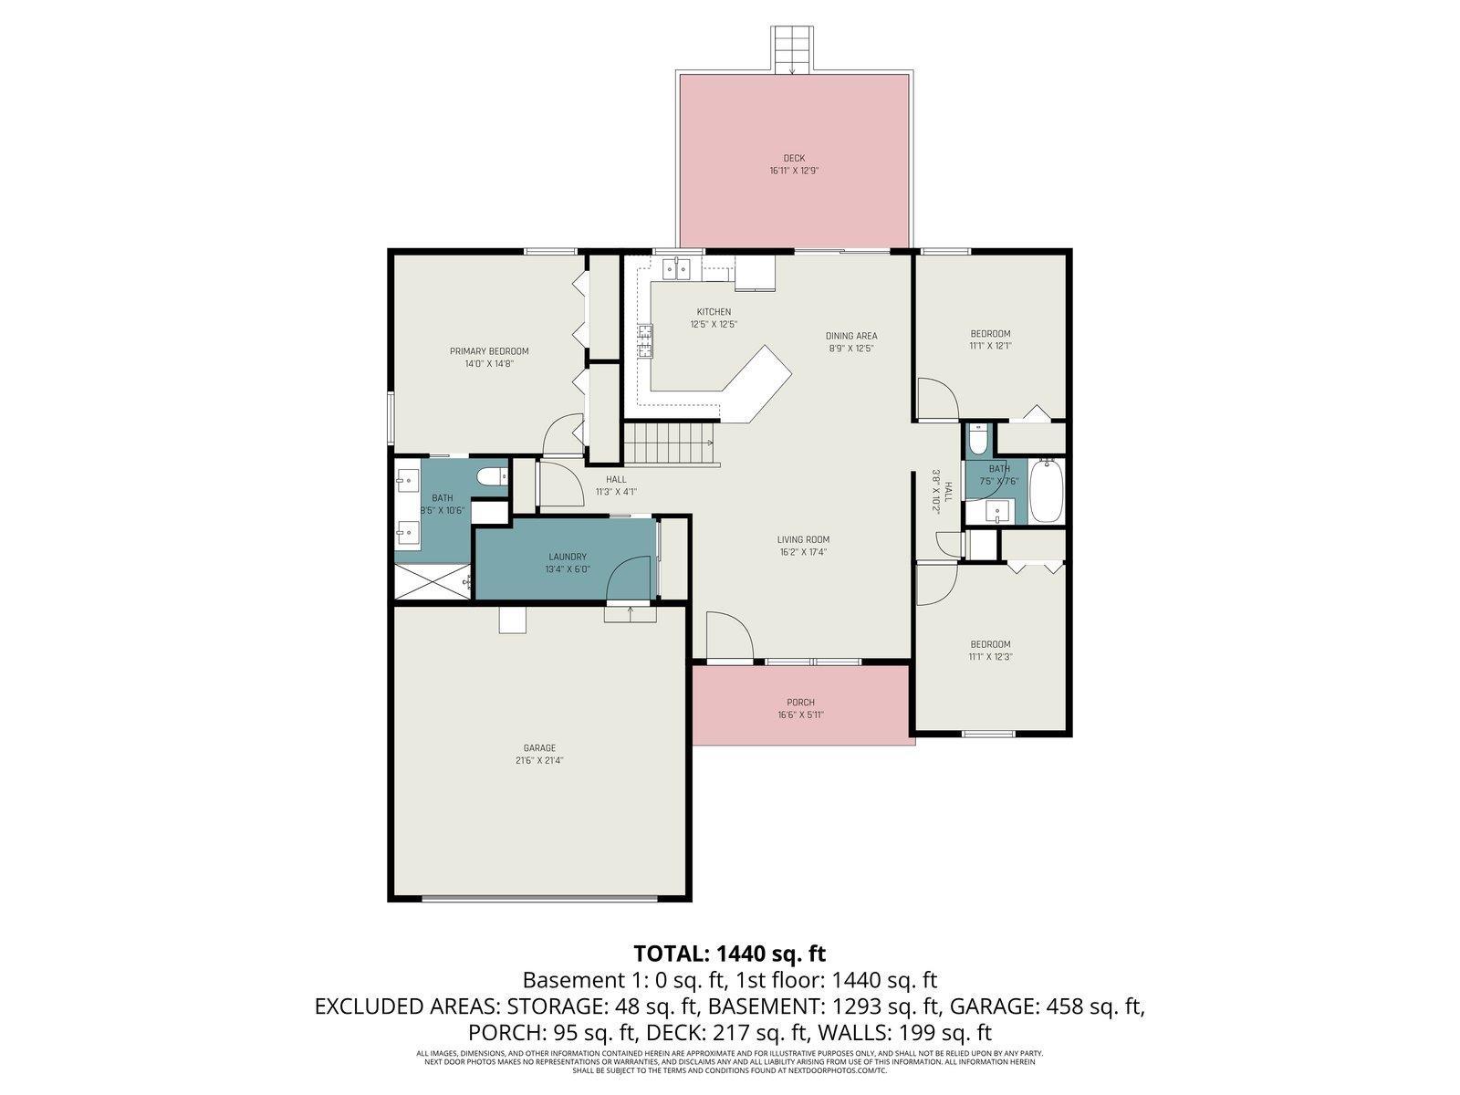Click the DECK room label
click(793, 158)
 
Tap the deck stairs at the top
click(792, 49)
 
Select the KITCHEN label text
click(714, 312)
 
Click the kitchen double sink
click(677, 269)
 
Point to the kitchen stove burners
click(647, 340)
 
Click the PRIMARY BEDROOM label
click(489, 351)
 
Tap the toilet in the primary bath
click(493, 475)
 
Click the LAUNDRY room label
click(567, 557)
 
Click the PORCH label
click(800, 703)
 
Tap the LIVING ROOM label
click(803, 539)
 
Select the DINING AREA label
click(851, 336)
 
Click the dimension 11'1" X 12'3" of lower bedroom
click(990, 656)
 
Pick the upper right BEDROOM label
click(990, 334)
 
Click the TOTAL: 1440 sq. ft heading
click(729, 954)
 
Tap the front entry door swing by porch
click(727, 636)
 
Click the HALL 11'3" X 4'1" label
click(616, 479)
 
